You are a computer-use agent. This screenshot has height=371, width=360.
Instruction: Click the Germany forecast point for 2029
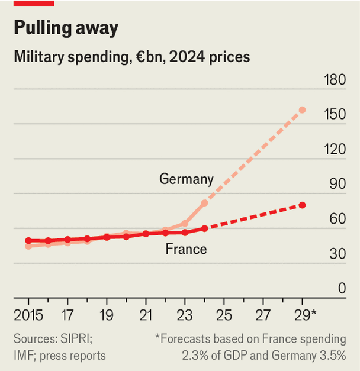pyautogui.click(x=302, y=110)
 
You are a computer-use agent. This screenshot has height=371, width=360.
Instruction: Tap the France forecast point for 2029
pyautogui.click(x=302, y=205)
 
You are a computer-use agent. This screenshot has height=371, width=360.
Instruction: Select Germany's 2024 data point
pyautogui.click(x=204, y=203)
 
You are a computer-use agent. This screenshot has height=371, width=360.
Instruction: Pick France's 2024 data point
pyautogui.click(x=204, y=228)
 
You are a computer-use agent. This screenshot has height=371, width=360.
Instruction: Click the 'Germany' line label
pyautogui.click(x=186, y=179)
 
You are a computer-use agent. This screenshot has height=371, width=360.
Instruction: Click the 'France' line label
pyautogui.click(x=186, y=249)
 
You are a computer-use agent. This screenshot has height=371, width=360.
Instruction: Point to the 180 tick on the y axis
pyautogui.click(x=335, y=80)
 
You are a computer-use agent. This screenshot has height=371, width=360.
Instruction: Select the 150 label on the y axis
pyautogui.click(x=335, y=115)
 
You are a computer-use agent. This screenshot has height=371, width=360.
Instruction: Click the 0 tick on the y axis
pyautogui.click(x=342, y=289)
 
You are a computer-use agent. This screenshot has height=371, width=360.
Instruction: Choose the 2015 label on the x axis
pyautogui.click(x=28, y=314)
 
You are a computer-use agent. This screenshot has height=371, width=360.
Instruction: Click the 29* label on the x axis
pyautogui.click(x=305, y=314)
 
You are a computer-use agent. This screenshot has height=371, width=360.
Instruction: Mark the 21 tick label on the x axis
pyautogui.click(x=146, y=314)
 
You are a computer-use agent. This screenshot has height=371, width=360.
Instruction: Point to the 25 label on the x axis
pyautogui.click(x=224, y=314)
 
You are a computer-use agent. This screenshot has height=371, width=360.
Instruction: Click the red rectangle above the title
pyautogui.click(x=34, y=3)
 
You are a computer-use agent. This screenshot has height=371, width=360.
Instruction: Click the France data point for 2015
pyautogui.click(x=28, y=241)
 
